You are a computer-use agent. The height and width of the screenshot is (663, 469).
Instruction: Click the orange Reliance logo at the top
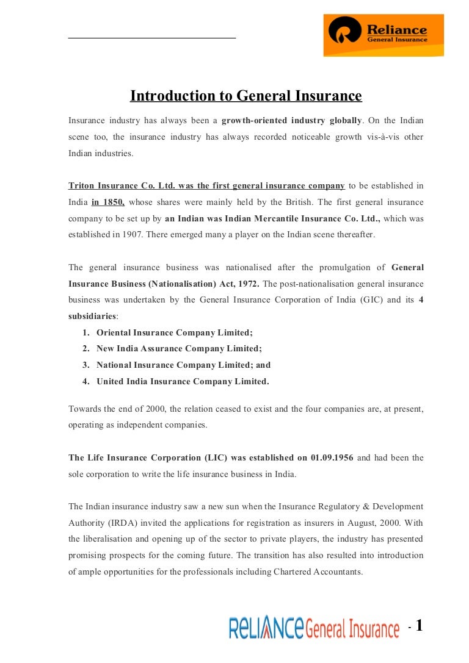(384, 35)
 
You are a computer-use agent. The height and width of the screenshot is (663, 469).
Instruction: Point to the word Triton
(81, 186)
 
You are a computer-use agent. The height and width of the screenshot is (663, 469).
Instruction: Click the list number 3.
(86, 365)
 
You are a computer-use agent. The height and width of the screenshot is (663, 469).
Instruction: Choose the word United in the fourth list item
(111, 381)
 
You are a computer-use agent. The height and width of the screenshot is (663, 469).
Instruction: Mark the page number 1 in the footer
(419, 626)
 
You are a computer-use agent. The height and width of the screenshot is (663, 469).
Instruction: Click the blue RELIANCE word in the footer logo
(266, 628)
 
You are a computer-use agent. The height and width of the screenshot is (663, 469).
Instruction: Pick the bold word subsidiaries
(92, 316)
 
